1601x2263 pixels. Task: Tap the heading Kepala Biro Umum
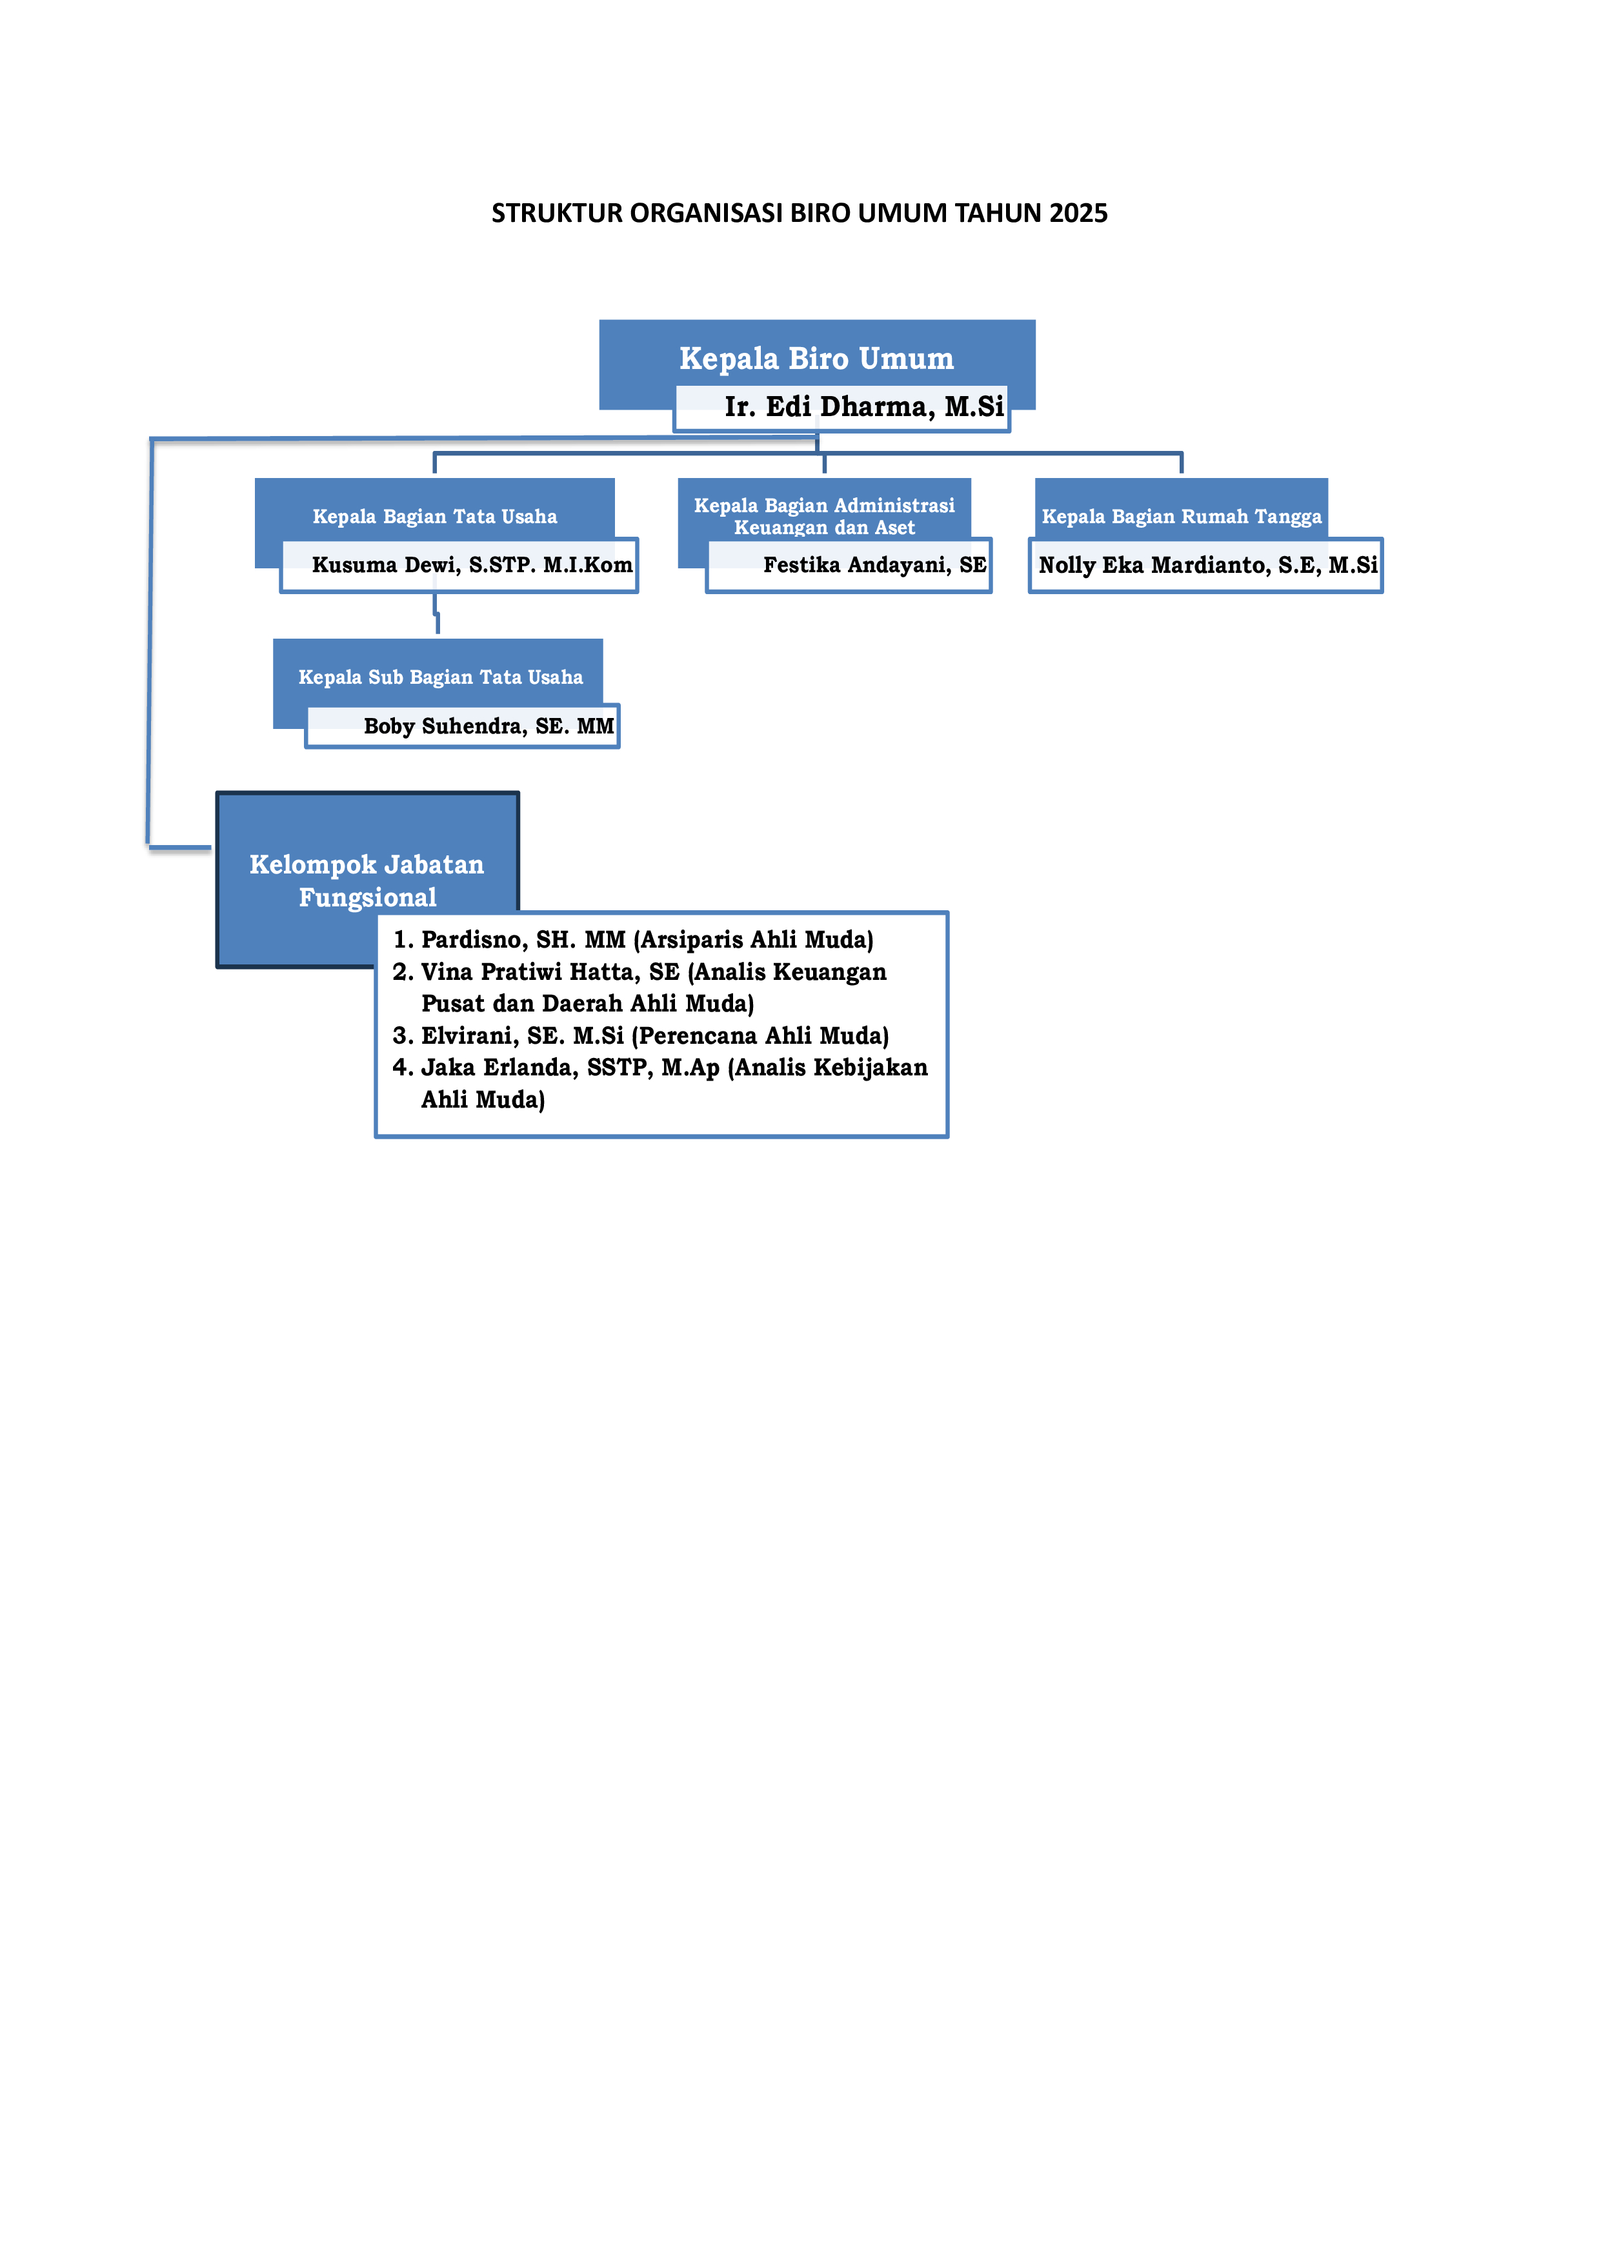pyautogui.click(x=816, y=358)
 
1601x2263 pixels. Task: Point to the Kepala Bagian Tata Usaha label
pyautogui.click(x=435, y=517)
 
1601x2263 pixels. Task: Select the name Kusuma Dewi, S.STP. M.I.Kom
pyautogui.click(x=472, y=564)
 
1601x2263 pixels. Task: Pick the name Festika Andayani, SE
pyautogui.click(x=874, y=564)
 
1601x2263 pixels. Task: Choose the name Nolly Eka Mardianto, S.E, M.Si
pyautogui.click(x=1209, y=564)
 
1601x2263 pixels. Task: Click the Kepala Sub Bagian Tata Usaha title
pyautogui.click(x=441, y=677)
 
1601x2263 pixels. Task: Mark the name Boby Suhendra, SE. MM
pyautogui.click(x=489, y=726)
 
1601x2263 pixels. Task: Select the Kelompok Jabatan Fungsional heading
pyautogui.click(x=367, y=880)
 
